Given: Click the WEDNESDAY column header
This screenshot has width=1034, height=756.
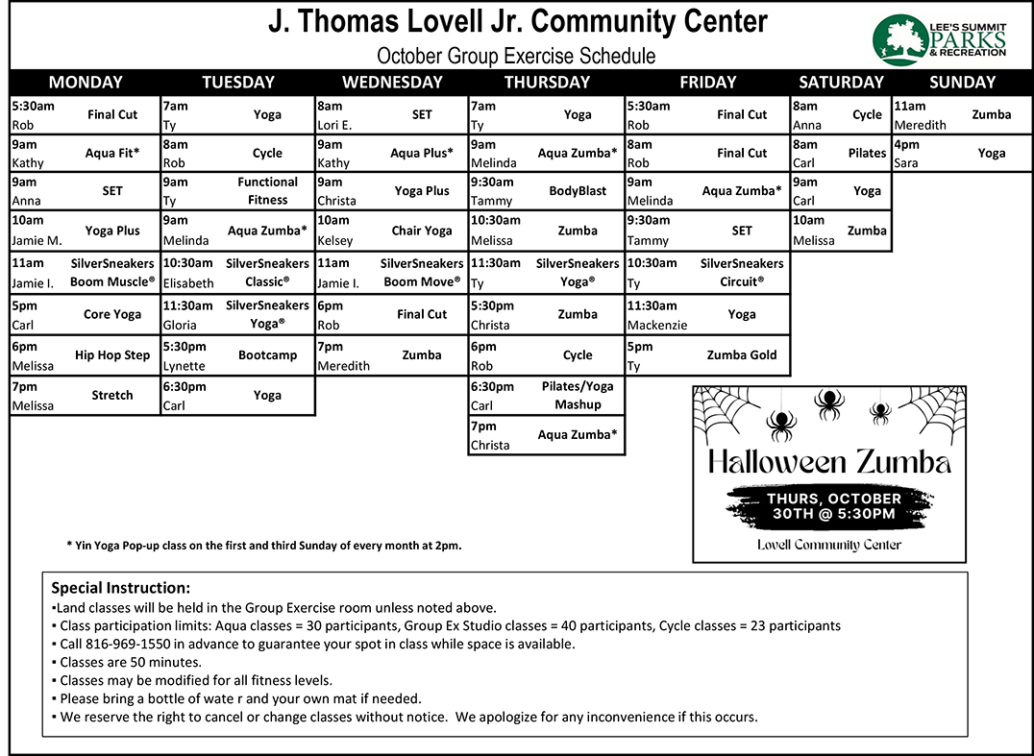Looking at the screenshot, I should (x=392, y=83).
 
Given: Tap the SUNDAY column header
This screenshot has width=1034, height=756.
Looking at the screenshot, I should (x=962, y=83).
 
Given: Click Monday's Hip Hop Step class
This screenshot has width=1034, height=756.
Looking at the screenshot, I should (x=111, y=355).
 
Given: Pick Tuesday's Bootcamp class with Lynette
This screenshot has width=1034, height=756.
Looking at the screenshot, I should (x=267, y=355).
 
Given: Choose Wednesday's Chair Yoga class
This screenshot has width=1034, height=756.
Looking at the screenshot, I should (x=422, y=231).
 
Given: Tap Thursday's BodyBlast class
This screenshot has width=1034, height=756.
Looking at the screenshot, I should (x=578, y=191).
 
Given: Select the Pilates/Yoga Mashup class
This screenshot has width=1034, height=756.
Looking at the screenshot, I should (x=578, y=395).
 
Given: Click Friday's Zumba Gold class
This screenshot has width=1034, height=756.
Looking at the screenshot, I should (x=742, y=355).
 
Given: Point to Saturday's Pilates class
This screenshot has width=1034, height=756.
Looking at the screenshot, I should (x=867, y=153).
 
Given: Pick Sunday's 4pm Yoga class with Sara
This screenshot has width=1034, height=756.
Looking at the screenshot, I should (x=992, y=153).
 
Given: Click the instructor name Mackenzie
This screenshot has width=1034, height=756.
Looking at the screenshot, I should (x=657, y=325).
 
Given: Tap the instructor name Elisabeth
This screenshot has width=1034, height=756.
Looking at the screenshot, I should (x=188, y=283).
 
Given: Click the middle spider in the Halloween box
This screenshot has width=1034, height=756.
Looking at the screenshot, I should (x=828, y=403).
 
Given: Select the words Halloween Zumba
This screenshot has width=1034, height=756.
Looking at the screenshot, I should (x=829, y=462).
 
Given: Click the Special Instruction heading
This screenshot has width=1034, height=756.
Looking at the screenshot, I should (x=120, y=588).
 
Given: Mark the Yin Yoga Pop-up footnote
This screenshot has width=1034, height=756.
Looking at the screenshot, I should (x=264, y=546).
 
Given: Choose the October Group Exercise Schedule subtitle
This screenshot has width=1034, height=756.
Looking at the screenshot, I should (x=516, y=56).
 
